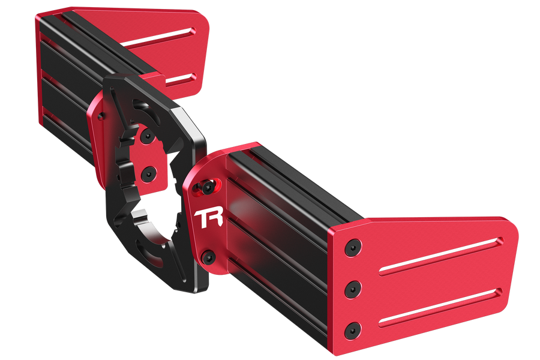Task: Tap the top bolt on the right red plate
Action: pyautogui.click(x=353, y=247)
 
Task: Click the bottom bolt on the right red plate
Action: pyautogui.click(x=353, y=329)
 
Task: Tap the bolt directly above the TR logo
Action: pyautogui.click(x=207, y=187)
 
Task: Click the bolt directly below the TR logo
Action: pyautogui.click(x=208, y=257)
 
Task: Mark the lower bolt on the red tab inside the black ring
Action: pyautogui.click(x=148, y=175)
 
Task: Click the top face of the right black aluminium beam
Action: pyautogui.click(x=300, y=174)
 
